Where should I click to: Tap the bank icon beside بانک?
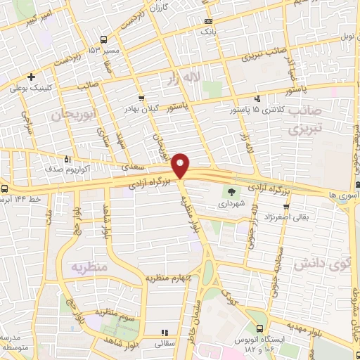click(207, 22)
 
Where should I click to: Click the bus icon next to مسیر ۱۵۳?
click(104, 39)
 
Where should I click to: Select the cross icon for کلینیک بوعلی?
click(31, 77)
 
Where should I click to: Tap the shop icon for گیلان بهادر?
click(142, 98)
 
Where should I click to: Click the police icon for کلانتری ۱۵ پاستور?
click(257, 99)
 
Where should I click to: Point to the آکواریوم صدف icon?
click(67, 158)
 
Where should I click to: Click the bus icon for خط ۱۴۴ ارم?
click(6, 188)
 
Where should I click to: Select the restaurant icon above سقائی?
click(164, 333)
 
